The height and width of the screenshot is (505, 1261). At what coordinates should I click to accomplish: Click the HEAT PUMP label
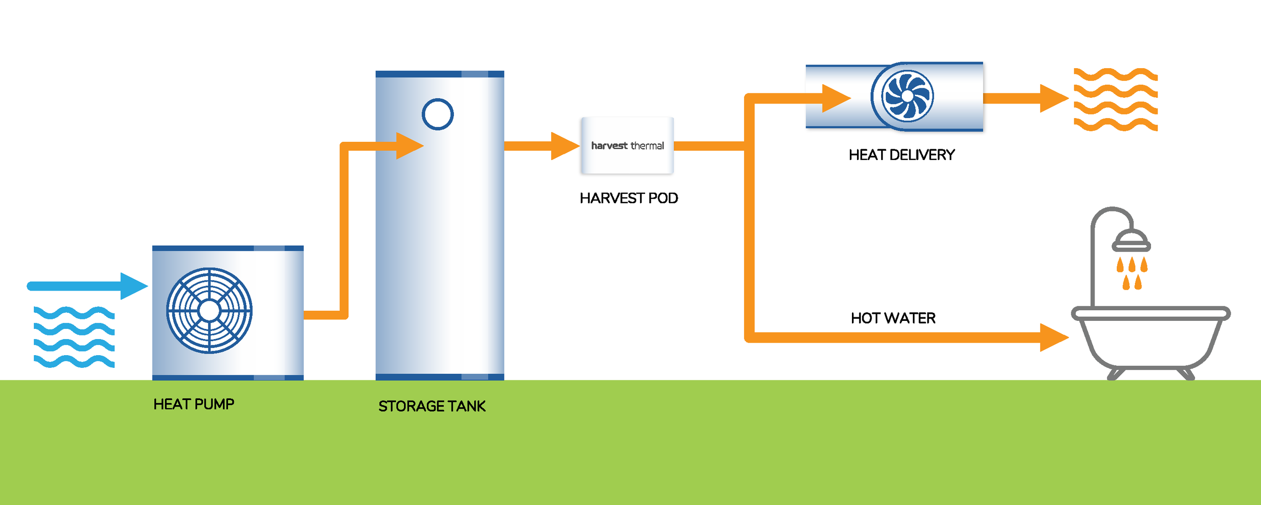coord(194,404)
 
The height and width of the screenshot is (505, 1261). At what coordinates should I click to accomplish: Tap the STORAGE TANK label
coord(432,406)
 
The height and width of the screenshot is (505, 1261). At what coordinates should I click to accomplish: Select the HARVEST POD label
coord(628,198)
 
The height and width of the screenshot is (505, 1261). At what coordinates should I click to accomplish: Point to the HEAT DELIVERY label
coord(901,155)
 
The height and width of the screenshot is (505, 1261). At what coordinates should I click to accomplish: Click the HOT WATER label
coord(893,318)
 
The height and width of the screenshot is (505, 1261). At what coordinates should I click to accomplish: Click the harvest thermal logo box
coord(627,145)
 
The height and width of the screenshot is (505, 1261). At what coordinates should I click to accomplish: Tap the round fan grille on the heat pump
coord(209,310)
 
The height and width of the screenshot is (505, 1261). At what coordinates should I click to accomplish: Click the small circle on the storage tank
coord(437,114)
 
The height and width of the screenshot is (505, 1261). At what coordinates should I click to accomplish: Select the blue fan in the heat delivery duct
coord(907,96)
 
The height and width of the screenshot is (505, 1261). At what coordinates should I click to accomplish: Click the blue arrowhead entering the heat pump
coord(133,286)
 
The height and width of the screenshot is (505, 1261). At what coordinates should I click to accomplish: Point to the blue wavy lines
coord(74,336)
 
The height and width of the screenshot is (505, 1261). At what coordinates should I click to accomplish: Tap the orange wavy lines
coord(1115,99)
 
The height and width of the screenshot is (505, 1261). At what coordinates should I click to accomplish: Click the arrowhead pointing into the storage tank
coord(409,146)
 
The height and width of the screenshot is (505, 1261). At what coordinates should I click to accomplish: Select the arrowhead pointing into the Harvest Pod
coord(564,146)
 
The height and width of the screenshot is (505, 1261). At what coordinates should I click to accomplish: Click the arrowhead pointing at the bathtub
coord(1053,338)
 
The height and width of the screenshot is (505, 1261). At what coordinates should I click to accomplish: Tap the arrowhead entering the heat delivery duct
coord(835,98)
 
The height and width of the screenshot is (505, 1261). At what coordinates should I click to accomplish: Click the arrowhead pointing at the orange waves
coord(1053,98)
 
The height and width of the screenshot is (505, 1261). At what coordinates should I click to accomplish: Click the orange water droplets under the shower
coord(1132,273)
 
